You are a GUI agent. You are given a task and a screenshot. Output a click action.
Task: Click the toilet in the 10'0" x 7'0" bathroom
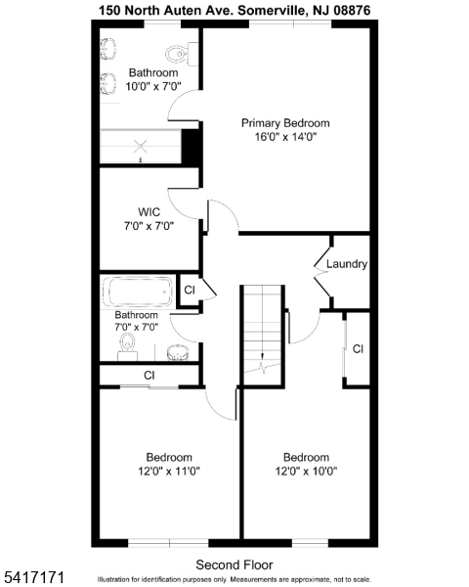click(175, 54)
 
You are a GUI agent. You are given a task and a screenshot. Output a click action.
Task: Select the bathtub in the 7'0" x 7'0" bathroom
click(138, 293)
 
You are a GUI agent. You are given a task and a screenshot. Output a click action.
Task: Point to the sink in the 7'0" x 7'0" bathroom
click(177, 351)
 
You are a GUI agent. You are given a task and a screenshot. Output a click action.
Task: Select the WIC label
click(149, 211)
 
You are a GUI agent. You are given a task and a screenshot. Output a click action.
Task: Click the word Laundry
click(347, 264)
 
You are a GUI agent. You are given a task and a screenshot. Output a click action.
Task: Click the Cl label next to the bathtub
click(190, 291)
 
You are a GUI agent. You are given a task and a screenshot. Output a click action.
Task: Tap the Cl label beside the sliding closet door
click(359, 348)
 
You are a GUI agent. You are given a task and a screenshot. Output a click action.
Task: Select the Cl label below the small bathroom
click(149, 375)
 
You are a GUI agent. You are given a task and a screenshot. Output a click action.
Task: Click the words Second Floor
click(234, 564)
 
